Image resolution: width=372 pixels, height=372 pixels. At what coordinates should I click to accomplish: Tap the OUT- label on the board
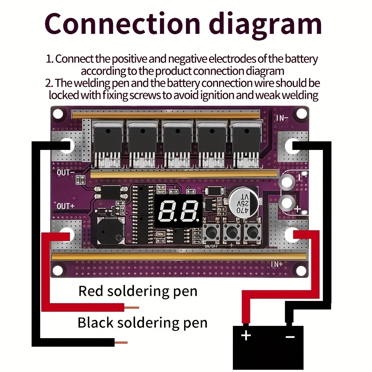(x=66, y=173)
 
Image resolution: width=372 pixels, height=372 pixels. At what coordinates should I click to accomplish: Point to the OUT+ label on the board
(x=66, y=206)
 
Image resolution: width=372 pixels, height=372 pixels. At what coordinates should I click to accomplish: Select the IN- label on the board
(x=282, y=118)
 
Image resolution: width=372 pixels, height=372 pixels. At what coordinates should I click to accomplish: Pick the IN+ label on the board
(x=277, y=264)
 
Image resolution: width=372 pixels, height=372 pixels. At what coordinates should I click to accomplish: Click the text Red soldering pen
(x=138, y=291)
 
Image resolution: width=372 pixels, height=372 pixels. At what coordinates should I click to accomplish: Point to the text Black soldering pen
(x=142, y=323)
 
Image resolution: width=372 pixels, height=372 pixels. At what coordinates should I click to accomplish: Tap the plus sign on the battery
(x=246, y=336)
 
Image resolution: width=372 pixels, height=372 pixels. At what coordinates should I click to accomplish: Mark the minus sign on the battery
(x=290, y=336)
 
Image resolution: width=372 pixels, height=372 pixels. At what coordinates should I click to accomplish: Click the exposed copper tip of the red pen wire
(x=132, y=308)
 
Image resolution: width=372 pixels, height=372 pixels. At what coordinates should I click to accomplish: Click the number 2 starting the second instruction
(x=49, y=83)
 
